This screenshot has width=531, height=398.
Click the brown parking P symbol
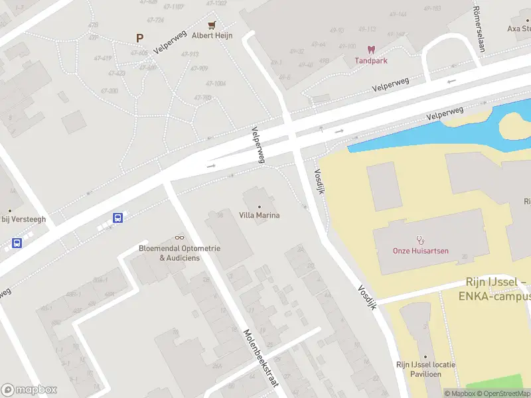pyautogui.click(x=139, y=38)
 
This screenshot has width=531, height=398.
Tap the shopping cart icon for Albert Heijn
pyautogui.click(x=212, y=25)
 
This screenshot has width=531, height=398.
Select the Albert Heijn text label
pyautogui.click(x=212, y=36)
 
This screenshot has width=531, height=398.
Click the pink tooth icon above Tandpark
pyautogui.click(x=372, y=49)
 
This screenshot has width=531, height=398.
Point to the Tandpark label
pyautogui.click(x=372, y=60)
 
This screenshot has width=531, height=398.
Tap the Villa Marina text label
pyautogui.click(x=259, y=215)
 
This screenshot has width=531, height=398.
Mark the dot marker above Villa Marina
pyautogui.click(x=259, y=206)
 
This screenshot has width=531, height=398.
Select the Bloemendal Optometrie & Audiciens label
pyautogui.click(x=179, y=253)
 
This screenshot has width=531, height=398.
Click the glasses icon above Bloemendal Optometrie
pyautogui.click(x=179, y=237)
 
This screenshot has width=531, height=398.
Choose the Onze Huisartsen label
pyautogui.click(x=420, y=251)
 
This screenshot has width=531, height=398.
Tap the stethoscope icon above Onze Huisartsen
pyautogui.click(x=419, y=239)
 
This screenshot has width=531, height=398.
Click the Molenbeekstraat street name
pyautogui.click(x=260, y=359)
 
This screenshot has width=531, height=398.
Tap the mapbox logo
pyautogui.click(x=29, y=389)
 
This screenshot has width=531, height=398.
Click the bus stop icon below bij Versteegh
pyautogui.click(x=17, y=243)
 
